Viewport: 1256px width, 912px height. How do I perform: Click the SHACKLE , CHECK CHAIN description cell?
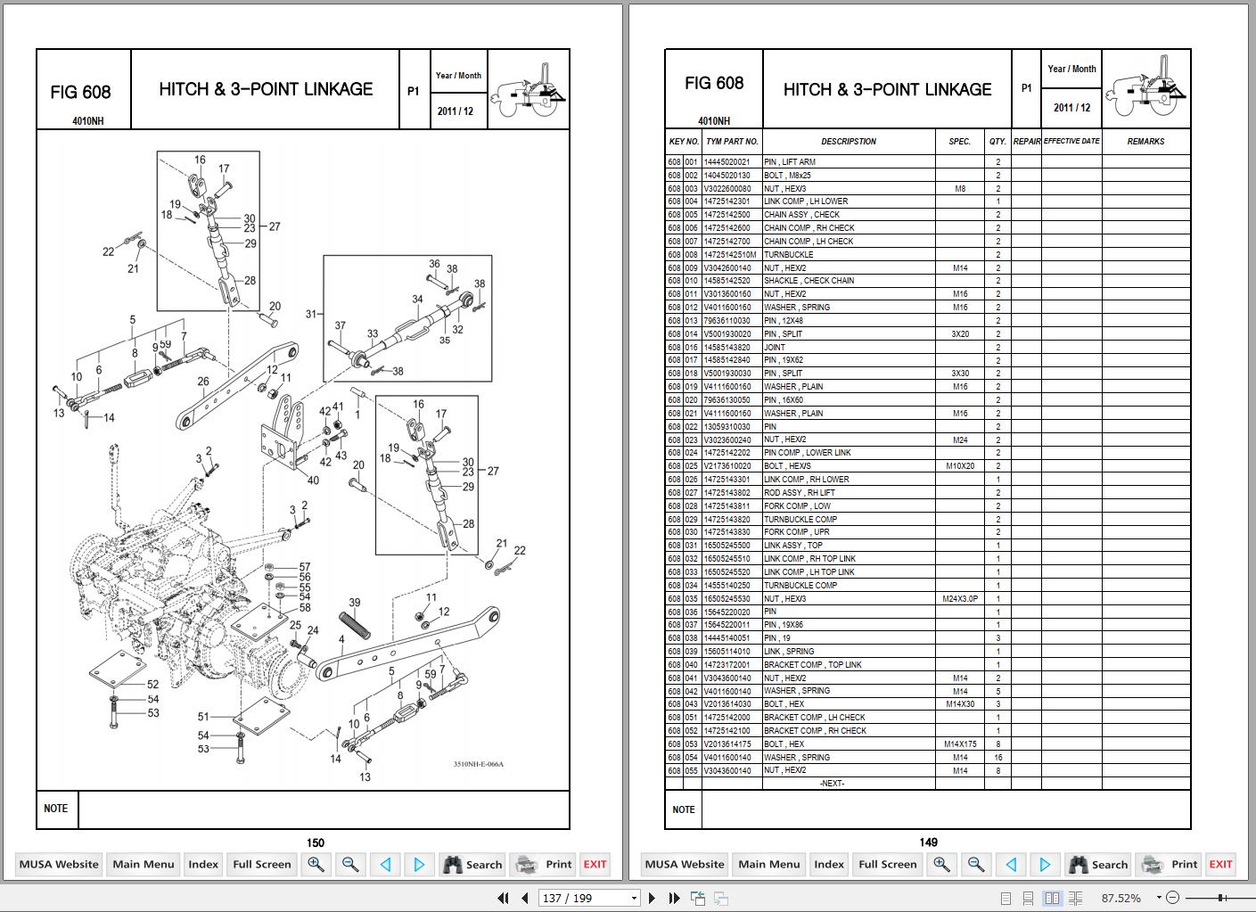809,281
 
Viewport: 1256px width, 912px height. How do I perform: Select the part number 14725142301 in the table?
727,201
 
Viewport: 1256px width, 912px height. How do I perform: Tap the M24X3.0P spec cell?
959,599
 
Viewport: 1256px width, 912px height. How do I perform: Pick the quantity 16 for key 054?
997,758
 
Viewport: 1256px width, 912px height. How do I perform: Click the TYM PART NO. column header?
732,142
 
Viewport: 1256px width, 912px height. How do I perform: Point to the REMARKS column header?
1145,142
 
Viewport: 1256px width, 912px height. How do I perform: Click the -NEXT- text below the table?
831,784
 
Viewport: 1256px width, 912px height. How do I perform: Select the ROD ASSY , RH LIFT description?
800,493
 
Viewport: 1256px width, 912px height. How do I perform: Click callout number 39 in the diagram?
354,604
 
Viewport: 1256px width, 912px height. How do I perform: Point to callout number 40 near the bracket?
313,481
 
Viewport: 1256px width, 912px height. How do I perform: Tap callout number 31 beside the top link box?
311,314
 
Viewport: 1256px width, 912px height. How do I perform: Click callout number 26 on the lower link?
203,382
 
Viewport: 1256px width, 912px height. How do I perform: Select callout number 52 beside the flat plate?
153,685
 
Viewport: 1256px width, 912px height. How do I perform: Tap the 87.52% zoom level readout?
1121,898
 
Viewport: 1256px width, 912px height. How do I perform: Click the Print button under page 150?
545,864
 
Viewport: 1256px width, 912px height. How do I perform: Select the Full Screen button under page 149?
887,864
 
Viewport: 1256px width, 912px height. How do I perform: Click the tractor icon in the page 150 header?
529,89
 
